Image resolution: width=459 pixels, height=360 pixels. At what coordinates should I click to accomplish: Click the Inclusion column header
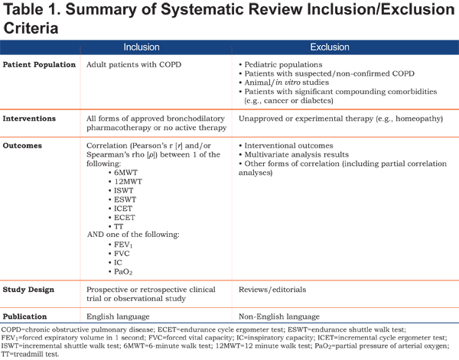(142, 47)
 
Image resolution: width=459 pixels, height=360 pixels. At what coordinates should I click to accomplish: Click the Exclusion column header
(330, 47)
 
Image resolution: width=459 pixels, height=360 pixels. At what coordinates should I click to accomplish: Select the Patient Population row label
(39, 65)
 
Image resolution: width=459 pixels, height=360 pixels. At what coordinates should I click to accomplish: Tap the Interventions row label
(29, 118)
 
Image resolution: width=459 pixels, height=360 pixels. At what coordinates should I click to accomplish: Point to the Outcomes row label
(22, 146)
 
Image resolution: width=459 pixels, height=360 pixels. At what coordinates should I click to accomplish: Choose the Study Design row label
(28, 290)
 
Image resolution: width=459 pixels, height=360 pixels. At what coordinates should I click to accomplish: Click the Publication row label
(24, 316)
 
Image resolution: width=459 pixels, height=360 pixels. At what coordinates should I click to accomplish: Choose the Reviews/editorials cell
(272, 290)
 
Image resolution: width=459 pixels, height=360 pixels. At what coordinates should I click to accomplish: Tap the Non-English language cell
(279, 316)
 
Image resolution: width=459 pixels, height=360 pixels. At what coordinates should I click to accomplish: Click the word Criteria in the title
(31, 28)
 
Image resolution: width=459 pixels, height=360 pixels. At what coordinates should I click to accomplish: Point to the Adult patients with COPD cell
(134, 65)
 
